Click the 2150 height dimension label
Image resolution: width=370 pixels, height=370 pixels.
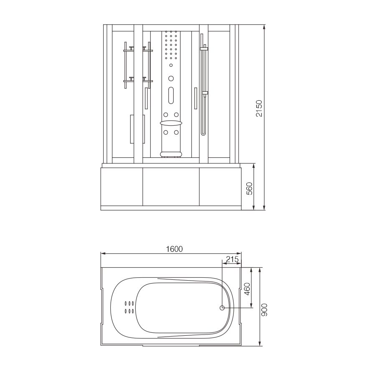[x=259, y=108]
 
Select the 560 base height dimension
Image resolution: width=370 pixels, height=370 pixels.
[x=249, y=188]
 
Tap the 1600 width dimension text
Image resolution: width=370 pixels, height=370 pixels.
[x=175, y=249]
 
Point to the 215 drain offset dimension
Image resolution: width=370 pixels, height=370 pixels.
[x=233, y=259]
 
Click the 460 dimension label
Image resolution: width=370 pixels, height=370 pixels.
[x=247, y=289]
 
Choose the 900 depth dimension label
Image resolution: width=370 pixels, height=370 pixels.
[x=264, y=310]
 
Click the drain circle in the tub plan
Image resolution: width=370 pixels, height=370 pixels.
[x=222, y=308]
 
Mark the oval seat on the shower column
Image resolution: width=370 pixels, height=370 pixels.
[x=171, y=123]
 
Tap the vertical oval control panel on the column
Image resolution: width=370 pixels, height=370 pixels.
[x=171, y=95]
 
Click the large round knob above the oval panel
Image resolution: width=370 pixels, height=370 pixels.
[x=171, y=79]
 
